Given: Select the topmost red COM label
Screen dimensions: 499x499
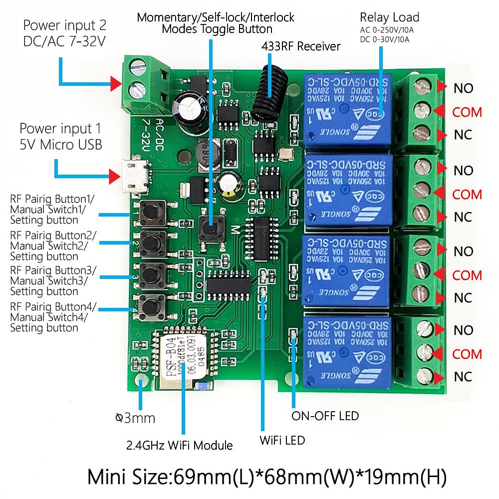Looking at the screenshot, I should (467, 112).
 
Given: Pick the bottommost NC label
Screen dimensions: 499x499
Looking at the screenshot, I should (463, 376).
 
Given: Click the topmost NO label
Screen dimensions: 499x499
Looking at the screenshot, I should (463, 88).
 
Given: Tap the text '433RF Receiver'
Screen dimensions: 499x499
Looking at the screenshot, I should (301, 46).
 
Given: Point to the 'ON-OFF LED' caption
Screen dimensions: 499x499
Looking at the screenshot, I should (325, 416).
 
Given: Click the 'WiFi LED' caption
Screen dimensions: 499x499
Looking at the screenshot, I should (282, 440).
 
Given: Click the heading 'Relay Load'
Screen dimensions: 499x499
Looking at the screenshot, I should (389, 17).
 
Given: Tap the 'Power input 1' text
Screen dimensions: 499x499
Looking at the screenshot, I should (56, 129).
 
